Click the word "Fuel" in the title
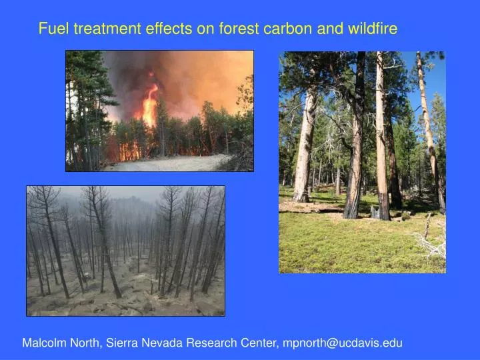(x=53, y=29)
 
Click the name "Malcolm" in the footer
(x=45, y=343)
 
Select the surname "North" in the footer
(x=86, y=343)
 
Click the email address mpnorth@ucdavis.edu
(x=343, y=343)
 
